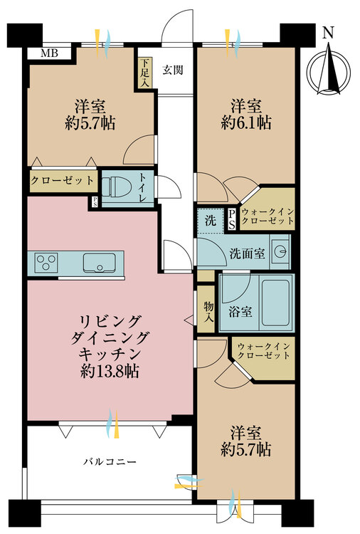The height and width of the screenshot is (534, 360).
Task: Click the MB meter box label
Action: point(50,53)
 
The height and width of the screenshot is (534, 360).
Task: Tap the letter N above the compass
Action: point(328,33)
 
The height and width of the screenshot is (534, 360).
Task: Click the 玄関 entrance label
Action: point(173,70)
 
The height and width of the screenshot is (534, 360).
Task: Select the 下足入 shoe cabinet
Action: point(144,73)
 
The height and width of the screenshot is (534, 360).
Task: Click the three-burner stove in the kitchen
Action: point(47,263)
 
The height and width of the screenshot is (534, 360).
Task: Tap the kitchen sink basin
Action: point(99,263)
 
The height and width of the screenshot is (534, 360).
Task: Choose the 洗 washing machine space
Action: point(211,220)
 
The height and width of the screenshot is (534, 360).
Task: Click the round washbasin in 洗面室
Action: point(281,252)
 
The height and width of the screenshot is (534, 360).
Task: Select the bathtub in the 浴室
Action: point(276,303)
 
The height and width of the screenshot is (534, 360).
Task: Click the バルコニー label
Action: point(110,462)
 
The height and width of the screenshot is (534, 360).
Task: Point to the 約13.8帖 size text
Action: point(110,371)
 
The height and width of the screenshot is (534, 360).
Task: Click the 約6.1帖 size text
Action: point(246,122)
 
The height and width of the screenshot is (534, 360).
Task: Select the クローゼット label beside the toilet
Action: point(63,180)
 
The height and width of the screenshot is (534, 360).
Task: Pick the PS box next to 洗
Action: point(232,219)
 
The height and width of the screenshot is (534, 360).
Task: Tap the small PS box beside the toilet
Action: point(95,202)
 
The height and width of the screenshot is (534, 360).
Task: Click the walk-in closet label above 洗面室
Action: point(268,216)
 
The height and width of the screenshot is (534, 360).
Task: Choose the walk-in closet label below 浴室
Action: point(264,351)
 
